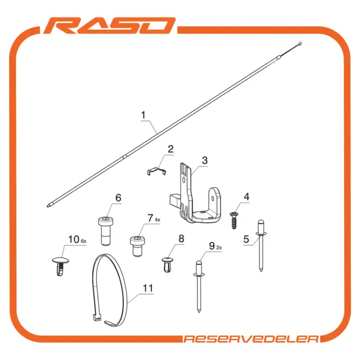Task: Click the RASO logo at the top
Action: pos(110,25)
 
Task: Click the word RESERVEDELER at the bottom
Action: pos(251,339)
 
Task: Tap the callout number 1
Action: pos(143,115)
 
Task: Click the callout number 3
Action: pos(205,160)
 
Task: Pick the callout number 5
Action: pos(246,239)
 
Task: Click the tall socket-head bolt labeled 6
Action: pos(106,231)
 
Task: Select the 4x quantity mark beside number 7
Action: pos(157,220)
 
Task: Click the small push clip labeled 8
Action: pos(168,265)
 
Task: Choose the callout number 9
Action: pos(211,246)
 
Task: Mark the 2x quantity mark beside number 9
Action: pos(219,247)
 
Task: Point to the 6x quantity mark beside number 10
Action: pos(84,241)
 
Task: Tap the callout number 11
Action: pos(147,288)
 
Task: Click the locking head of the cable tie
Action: pos(97,318)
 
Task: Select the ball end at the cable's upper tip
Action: pos(300,43)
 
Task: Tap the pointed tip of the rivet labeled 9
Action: pos(199,312)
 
